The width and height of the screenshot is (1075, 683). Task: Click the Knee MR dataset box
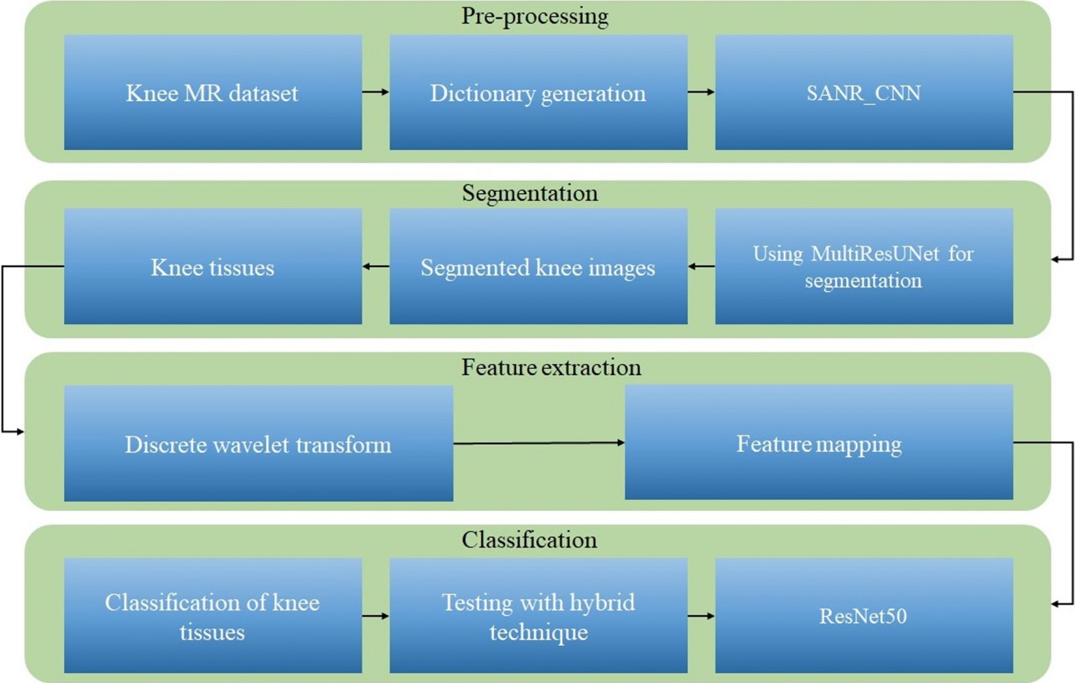[213, 92]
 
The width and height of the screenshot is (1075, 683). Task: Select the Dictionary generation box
[538, 92]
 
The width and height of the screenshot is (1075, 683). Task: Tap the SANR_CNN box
[864, 92]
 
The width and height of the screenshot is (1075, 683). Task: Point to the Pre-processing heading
[535, 16]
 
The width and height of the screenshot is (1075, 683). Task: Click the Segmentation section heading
[530, 193]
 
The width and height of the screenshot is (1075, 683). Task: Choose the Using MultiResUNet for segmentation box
[864, 267]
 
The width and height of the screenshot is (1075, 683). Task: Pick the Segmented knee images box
[538, 267]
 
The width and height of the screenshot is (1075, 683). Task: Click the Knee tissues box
[213, 267]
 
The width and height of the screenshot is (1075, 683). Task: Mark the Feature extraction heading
[551, 367]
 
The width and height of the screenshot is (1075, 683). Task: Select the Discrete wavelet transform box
[259, 444]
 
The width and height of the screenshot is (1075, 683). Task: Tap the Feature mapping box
[819, 442]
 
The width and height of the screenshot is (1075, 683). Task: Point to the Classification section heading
[529, 540]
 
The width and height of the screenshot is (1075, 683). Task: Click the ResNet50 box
[864, 616]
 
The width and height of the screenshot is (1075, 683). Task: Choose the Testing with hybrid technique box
[538, 616]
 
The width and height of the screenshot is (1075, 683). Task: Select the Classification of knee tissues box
[213, 616]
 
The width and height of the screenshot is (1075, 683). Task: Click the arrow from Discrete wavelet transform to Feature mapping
[539, 443]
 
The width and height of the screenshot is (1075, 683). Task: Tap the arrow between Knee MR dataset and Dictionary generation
[376, 92]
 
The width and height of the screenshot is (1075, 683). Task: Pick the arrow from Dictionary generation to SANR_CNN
[701, 92]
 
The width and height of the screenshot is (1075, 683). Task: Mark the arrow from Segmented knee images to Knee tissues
[376, 267]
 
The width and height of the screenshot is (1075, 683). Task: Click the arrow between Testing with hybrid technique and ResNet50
[701, 616]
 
